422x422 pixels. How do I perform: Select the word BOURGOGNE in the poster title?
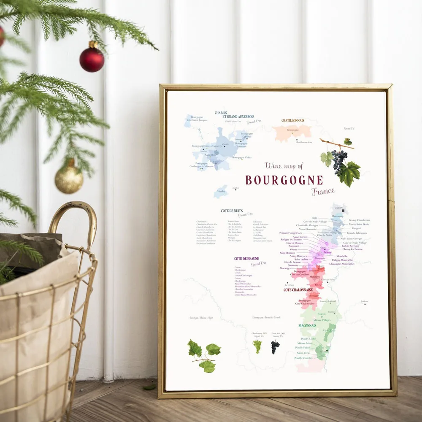(284, 180)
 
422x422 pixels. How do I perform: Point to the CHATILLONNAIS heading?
(293, 121)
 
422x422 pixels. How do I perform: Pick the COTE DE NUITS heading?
(231, 211)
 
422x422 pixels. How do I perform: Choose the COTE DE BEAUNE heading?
(246, 258)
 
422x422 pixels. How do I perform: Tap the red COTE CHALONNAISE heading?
(298, 290)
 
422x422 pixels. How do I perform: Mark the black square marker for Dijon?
(343, 210)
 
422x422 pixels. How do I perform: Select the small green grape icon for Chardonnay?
(257, 346)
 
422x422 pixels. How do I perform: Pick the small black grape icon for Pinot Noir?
(275, 347)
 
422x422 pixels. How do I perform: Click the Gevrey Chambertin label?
(359, 220)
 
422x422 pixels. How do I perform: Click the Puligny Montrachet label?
(342, 260)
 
